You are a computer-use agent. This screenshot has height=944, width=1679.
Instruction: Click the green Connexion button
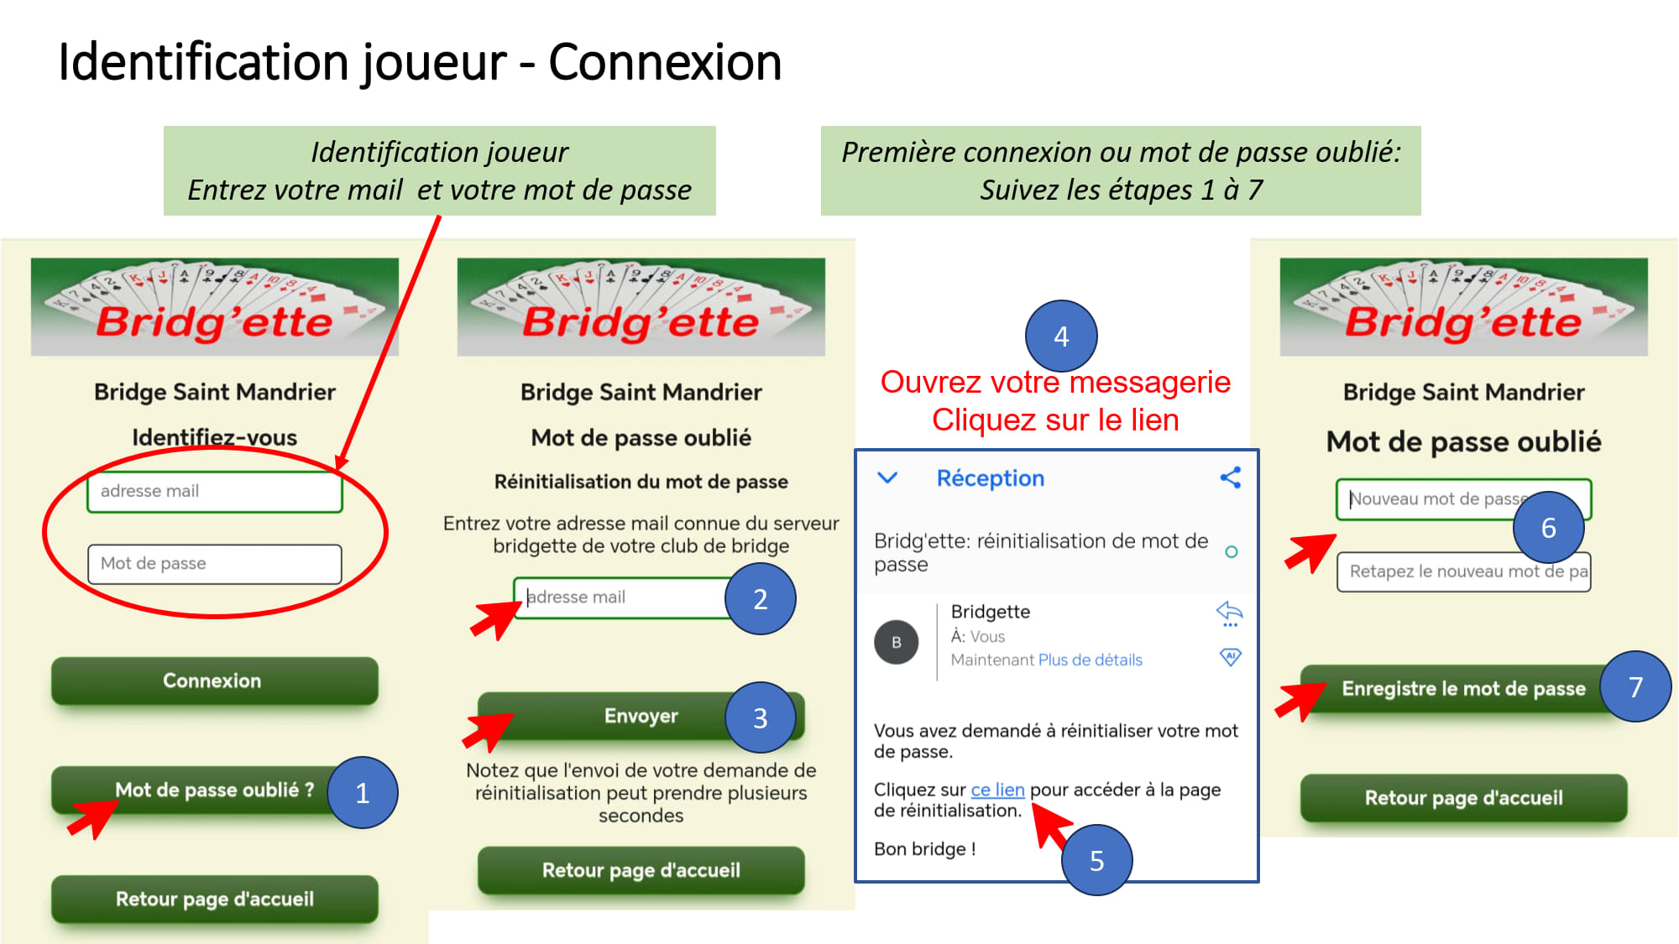[x=214, y=681]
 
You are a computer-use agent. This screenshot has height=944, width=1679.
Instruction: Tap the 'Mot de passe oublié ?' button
[x=214, y=790]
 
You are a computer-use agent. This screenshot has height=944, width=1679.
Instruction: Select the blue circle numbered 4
[x=1061, y=336]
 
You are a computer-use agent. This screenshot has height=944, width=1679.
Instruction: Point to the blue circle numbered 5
[x=1096, y=860]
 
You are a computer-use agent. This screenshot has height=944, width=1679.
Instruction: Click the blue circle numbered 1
[x=363, y=793]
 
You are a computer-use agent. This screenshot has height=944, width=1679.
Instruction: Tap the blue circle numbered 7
[x=1635, y=686]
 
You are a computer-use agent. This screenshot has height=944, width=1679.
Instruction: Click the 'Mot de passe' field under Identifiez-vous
[x=214, y=564]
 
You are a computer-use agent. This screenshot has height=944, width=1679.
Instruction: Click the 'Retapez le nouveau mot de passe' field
[x=1463, y=571]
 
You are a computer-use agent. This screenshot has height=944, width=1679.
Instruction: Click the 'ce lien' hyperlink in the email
[x=997, y=790]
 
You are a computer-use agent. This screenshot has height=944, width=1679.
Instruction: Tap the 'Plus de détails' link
[x=1091, y=660]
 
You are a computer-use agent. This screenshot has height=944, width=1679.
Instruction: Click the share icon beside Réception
[x=1230, y=477]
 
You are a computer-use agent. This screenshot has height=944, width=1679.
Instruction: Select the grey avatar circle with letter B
[x=897, y=642]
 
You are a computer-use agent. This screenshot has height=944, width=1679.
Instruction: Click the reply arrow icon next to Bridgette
[x=1230, y=613]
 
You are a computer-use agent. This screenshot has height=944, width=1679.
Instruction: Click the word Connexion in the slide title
[x=665, y=62]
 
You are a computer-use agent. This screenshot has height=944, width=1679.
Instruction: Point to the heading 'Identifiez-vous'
[x=214, y=437]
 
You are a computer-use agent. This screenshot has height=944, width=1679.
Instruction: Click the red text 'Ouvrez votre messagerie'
[x=1055, y=382]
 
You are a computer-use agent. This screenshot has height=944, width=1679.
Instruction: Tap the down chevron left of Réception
[x=887, y=477]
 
